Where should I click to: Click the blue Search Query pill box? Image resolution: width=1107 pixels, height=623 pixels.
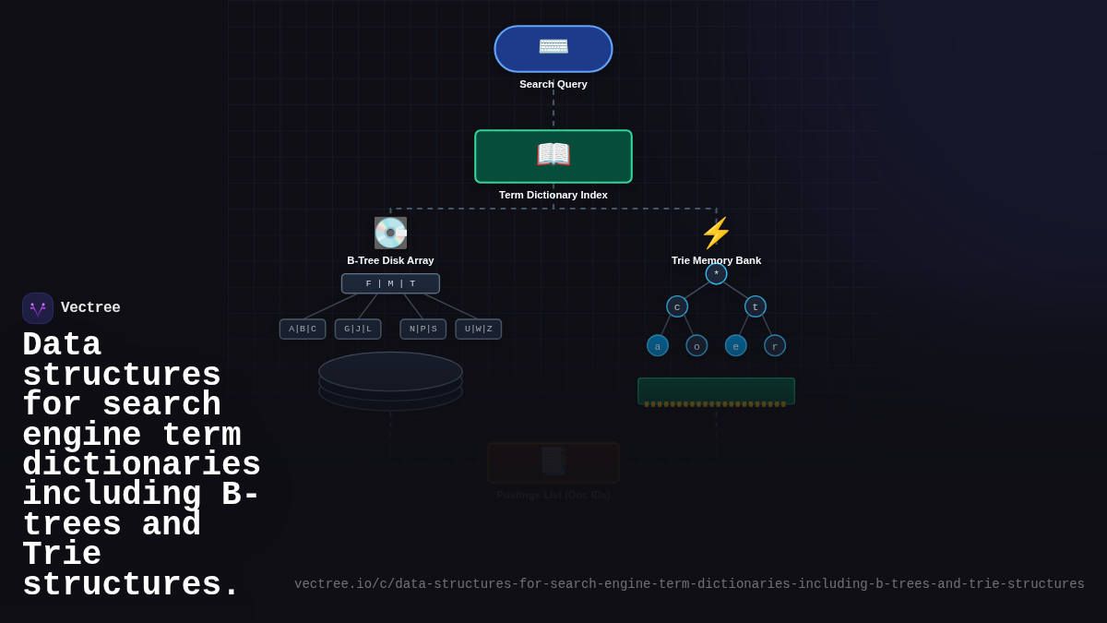(553, 49)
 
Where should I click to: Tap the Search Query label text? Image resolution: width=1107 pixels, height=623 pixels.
(553, 84)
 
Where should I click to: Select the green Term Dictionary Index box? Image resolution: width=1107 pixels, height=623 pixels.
(553, 156)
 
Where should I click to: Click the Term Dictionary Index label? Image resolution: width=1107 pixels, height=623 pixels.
(553, 195)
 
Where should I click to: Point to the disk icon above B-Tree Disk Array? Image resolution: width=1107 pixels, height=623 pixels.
(390, 233)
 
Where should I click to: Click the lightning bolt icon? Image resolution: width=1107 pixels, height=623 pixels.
(716, 233)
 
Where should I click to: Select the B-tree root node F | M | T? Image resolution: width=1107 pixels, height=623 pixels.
(390, 283)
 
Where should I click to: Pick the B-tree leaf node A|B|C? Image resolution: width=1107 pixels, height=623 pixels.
(303, 329)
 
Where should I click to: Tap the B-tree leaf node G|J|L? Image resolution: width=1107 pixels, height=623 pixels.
(358, 329)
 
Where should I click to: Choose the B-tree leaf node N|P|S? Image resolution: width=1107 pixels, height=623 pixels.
(423, 329)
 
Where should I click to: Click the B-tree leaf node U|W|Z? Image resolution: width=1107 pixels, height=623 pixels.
(479, 329)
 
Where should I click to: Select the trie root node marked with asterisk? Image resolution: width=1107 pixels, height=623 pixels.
(716, 273)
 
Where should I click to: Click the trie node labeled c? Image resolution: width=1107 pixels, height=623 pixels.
(677, 306)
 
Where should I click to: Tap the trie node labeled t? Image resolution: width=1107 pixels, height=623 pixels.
(756, 306)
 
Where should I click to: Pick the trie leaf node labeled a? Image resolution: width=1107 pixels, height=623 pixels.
(658, 346)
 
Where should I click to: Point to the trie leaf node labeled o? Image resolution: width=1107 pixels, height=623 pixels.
(696, 346)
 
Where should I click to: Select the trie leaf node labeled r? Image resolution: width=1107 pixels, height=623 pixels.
(775, 346)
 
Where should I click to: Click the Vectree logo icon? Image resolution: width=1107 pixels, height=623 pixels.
(38, 308)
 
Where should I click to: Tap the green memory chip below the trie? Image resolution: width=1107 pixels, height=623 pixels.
(716, 390)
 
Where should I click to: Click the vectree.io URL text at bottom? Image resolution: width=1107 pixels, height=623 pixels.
(689, 584)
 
